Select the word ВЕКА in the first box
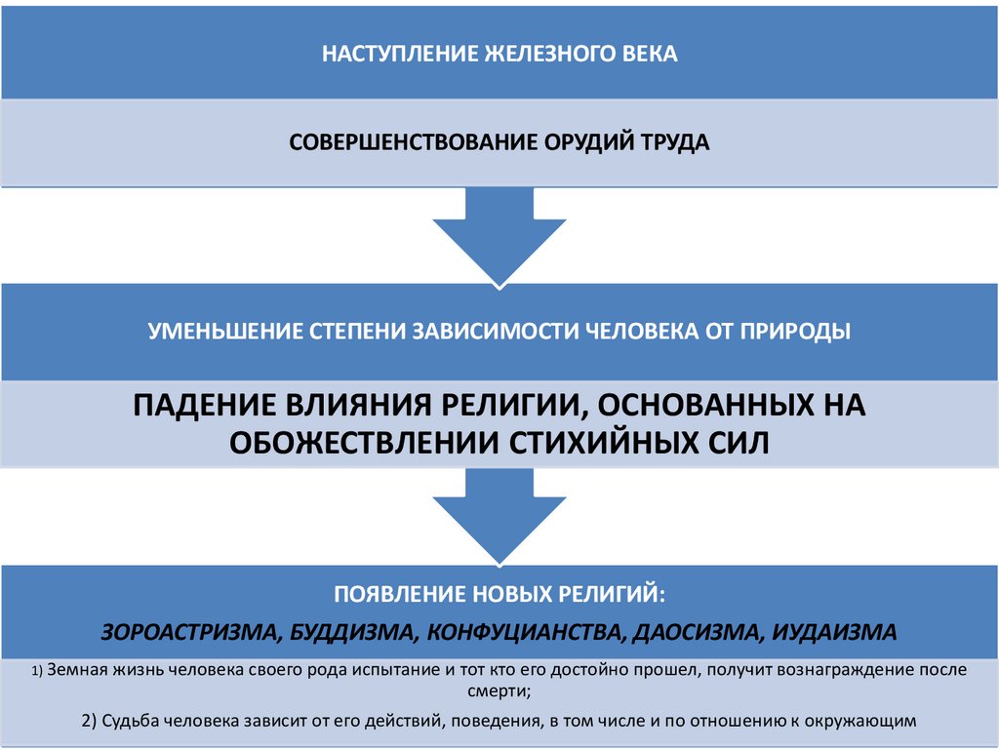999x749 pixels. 650,54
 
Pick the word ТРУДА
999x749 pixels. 675,142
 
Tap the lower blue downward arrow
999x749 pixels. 499,517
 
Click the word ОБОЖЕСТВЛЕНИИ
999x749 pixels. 364,442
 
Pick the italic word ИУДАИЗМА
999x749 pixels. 834,631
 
